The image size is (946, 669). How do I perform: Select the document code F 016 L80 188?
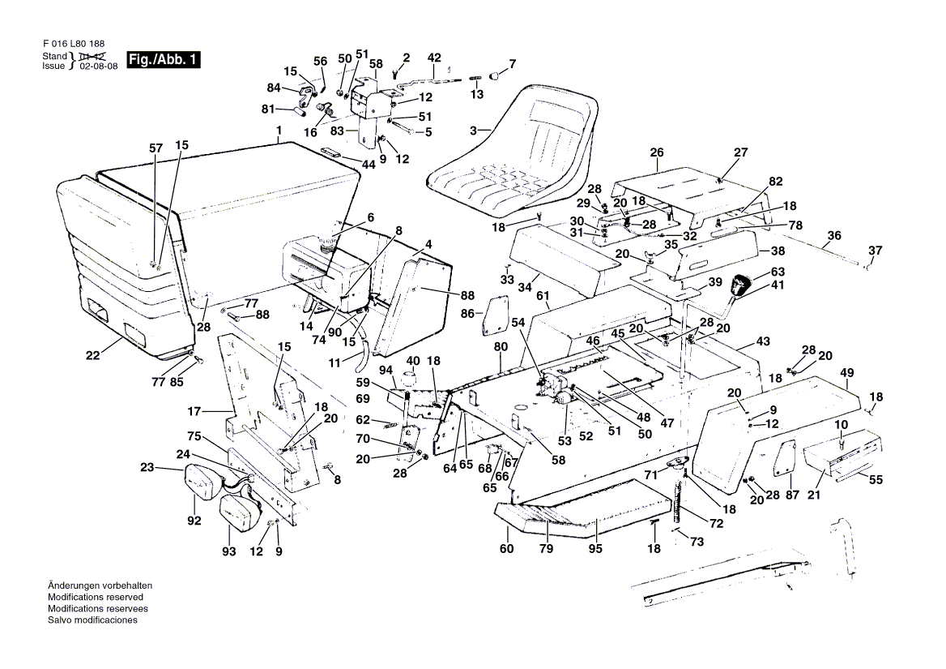72,43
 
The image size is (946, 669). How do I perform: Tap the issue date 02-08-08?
98,66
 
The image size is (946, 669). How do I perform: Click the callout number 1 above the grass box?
278,131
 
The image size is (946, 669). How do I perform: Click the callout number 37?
875,249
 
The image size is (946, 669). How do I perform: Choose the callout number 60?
507,550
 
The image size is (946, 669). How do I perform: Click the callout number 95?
596,550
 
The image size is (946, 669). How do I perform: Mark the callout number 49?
847,373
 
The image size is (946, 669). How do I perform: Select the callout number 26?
656,152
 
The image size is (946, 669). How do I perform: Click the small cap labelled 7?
496,78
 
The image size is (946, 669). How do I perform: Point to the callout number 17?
194,410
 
